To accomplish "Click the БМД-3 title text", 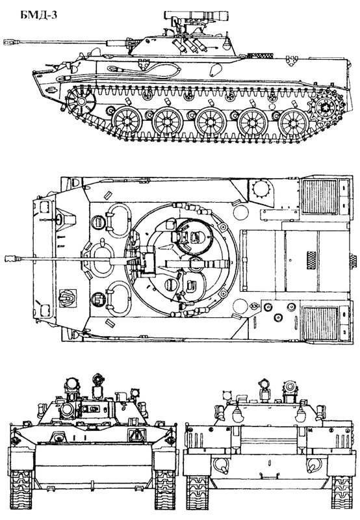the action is [39, 15].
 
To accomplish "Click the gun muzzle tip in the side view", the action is [4, 42].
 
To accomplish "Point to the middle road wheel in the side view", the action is [210, 122].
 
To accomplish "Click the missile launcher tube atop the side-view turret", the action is [197, 15].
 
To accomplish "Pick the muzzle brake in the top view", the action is [12, 258].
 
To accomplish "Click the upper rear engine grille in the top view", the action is [320, 197].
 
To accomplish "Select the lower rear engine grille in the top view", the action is [320, 323].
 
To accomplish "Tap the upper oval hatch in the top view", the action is [118, 220].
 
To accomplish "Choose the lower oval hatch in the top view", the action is [118, 298].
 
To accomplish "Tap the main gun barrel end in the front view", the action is [67, 411].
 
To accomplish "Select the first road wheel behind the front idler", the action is [126, 121].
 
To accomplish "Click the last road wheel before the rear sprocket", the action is [294, 122].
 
